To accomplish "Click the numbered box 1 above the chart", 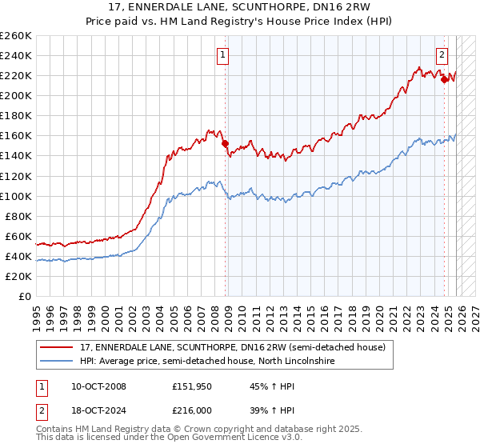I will pyautogui.click(x=222, y=55).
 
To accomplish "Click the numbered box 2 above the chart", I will pyautogui.click(x=441, y=55).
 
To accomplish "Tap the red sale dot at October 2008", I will pyautogui.click(x=225, y=144).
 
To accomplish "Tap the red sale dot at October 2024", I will pyautogui.click(x=444, y=79).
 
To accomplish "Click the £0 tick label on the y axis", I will pyautogui.click(x=25, y=296).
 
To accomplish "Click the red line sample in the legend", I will pyautogui.click(x=58, y=348).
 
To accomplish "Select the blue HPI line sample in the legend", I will pyautogui.click(x=58, y=362).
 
